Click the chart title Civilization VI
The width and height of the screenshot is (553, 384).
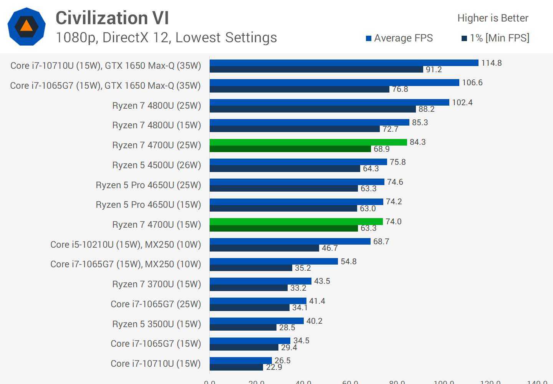112,18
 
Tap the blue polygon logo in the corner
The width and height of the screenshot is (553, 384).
26,26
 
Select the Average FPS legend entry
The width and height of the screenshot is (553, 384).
399,38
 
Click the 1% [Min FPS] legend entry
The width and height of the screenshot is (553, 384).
495,38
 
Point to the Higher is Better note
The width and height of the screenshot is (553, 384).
493,18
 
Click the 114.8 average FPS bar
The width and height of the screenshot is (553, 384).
344,63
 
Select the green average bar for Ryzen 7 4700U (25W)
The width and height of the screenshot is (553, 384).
308,142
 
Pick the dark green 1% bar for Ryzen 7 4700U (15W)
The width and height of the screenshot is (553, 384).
283,228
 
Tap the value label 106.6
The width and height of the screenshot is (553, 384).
472,83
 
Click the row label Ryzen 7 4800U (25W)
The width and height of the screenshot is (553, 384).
156,106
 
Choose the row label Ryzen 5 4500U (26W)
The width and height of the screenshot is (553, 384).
156,165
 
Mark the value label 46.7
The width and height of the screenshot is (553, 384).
329,248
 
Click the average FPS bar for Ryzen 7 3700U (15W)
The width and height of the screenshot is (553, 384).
260,281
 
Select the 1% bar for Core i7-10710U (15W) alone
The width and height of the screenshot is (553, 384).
236,367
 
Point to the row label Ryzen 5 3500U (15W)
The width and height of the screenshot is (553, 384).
156,324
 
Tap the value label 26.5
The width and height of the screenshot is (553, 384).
282,361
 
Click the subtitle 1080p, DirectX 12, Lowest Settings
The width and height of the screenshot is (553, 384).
166,38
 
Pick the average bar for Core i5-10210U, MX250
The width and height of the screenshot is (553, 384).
290,241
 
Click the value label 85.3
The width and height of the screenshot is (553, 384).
420,122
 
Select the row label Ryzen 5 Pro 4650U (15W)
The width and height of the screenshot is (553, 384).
148,205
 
